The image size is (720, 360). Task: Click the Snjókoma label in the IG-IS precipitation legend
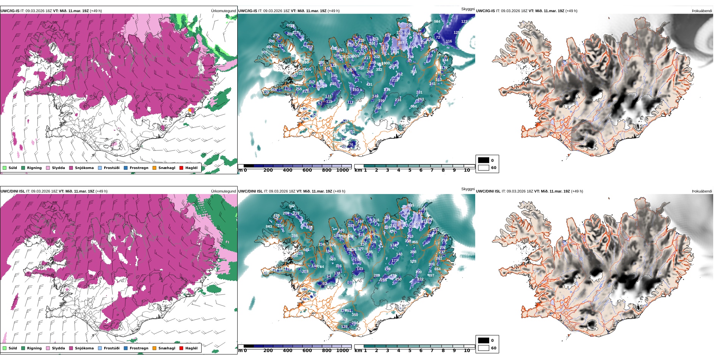click(84, 168)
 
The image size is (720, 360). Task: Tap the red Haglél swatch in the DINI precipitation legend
click(182, 348)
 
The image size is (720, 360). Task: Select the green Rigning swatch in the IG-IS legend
click(23, 168)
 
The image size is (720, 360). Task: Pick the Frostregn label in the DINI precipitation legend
click(139, 348)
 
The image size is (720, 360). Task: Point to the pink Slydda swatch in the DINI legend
click(48, 348)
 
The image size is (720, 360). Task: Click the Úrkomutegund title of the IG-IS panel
click(223, 11)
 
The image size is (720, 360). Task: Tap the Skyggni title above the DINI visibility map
click(468, 189)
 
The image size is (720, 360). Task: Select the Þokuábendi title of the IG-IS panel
click(702, 11)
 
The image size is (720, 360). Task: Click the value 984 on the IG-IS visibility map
click(437, 22)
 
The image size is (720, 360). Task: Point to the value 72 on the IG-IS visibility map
click(438, 38)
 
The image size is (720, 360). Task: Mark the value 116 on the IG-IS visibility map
click(449, 41)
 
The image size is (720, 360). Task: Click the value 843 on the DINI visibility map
click(269, 227)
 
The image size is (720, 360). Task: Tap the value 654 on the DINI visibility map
click(437, 269)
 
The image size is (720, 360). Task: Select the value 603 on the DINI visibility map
click(332, 245)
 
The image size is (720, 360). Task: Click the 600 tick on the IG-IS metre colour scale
click(307, 171)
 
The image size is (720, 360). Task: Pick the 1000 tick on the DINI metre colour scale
click(342, 351)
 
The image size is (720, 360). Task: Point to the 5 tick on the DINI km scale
click(410, 351)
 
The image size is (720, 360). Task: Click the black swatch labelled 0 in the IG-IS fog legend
click(484, 160)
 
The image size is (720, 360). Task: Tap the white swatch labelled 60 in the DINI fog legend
click(484, 348)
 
